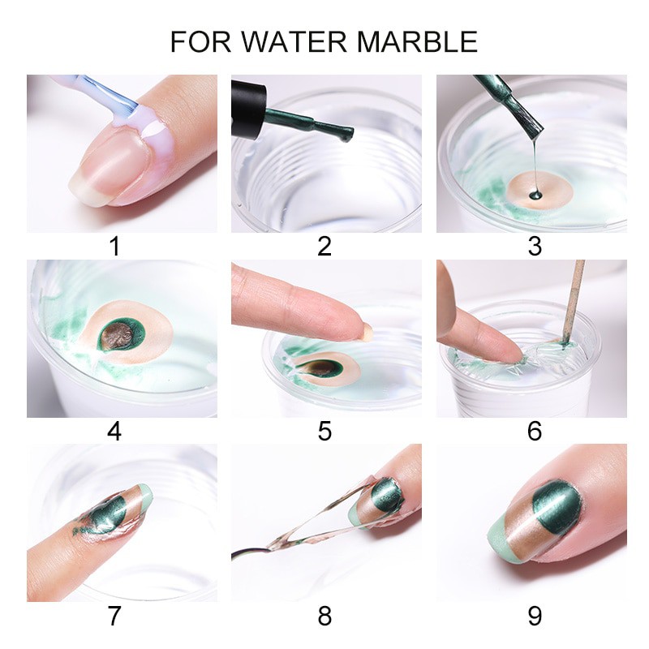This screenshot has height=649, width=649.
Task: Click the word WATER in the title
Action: click(294, 41)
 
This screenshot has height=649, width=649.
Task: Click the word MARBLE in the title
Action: click(417, 41)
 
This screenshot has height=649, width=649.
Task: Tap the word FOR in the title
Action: click(200, 41)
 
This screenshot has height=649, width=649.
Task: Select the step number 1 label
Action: click(114, 247)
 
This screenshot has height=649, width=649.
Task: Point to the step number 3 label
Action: click(535, 247)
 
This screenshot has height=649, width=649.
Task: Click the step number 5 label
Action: click(324, 432)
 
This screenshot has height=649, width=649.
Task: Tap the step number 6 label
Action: click(535, 432)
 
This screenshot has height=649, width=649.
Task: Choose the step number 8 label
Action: click(324, 616)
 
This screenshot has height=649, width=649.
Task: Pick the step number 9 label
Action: click(535, 616)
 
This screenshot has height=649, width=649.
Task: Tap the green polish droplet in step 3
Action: click(535, 195)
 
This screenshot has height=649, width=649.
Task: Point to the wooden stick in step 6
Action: click(573, 302)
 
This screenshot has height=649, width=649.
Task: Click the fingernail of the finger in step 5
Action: click(367, 332)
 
